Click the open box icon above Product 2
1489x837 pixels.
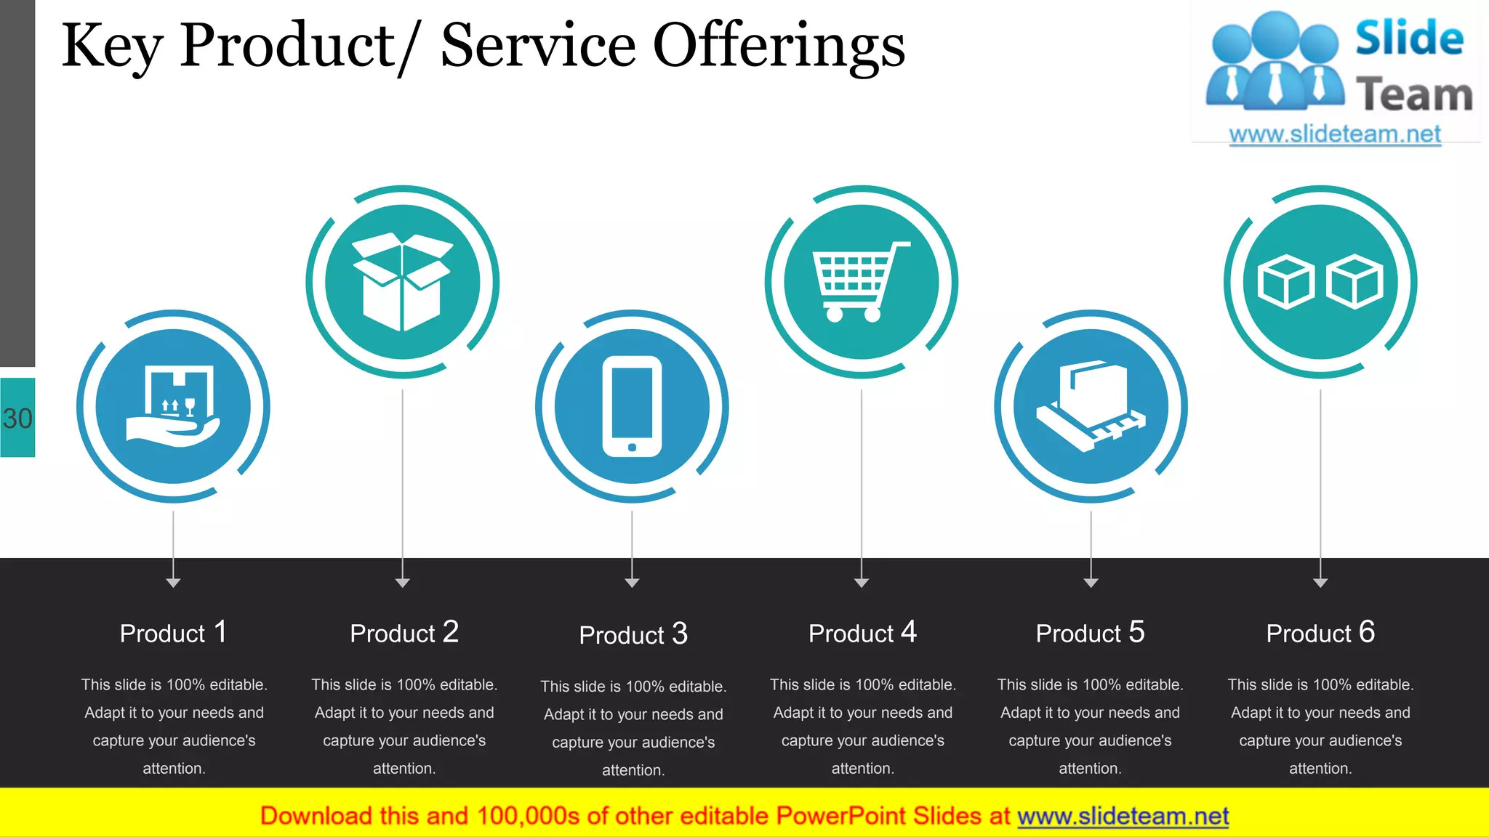tap(402, 282)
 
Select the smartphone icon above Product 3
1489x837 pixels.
tap(632, 406)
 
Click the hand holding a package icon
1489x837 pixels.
tap(173, 406)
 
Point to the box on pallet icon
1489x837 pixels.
tap(1091, 406)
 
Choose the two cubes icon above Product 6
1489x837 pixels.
tap(1320, 282)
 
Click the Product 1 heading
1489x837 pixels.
tap(173, 633)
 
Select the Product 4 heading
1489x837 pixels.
tap(862, 633)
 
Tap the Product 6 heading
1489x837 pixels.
tap(1320, 633)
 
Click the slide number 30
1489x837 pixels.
tap(17, 418)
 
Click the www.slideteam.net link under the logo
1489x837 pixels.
tap(1335, 134)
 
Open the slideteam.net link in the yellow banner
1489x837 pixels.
tap(1123, 816)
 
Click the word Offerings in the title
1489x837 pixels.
tap(779, 46)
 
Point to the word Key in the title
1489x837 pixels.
tap(111, 46)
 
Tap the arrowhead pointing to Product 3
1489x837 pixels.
tap(632, 583)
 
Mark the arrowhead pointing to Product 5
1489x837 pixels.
tap(1091, 583)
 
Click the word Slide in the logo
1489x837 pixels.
tap(1409, 38)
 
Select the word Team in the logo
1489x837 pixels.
tap(1414, 95)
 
